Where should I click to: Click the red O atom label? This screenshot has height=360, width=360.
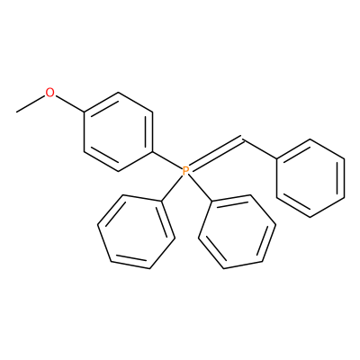50,93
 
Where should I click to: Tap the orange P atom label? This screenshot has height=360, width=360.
185,171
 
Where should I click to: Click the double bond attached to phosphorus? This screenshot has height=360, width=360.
217,155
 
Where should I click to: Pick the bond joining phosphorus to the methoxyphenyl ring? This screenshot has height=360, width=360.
167,160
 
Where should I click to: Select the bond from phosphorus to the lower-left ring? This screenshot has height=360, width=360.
173,188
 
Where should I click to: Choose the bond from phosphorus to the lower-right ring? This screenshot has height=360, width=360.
200,188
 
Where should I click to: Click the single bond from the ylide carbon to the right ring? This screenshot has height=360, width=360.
260,148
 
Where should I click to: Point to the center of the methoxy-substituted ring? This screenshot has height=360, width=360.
119,132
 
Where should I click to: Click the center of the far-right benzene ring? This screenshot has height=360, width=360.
310,178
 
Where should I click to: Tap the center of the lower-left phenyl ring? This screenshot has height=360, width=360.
136,231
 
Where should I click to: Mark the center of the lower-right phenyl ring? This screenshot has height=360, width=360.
237,231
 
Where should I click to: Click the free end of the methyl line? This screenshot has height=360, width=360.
17,112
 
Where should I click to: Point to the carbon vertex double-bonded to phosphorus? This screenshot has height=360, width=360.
243,139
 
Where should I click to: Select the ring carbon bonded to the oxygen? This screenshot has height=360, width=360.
85,112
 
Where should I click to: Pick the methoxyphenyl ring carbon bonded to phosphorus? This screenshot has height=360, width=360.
153,152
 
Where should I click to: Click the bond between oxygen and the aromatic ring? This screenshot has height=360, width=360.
69,103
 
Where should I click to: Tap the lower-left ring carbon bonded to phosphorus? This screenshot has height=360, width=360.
162,201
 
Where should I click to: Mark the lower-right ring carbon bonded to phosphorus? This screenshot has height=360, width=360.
211,201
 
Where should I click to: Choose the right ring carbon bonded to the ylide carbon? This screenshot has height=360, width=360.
276,158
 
